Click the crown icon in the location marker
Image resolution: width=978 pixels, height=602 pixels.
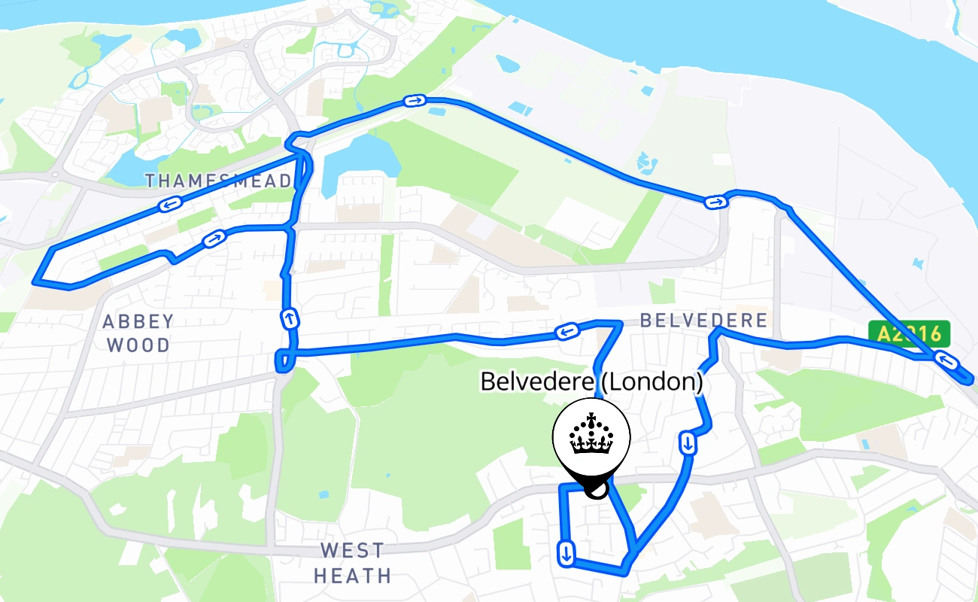(x=591, y=435)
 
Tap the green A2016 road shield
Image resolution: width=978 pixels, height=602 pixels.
(x=909, y=333)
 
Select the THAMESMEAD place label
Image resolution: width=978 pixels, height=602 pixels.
(x=219, y=181)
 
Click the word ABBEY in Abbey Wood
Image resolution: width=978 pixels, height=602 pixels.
(x=138, y=322)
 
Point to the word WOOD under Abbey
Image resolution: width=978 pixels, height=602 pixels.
(x=138, y=345)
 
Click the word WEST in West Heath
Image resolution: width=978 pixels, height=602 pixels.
(x=352, y=550)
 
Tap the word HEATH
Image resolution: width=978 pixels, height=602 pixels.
(x=352, y=576)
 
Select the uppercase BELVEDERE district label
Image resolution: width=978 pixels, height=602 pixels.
(x=703, y=321)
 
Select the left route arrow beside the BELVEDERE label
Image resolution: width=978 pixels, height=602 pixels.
(x=566, y=331)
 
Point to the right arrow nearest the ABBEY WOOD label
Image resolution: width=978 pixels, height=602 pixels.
(x=214, y=239)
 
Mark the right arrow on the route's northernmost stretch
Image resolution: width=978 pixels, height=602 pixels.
(x=414, y=100)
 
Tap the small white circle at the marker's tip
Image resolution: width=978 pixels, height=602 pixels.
(x=595, y=490)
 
